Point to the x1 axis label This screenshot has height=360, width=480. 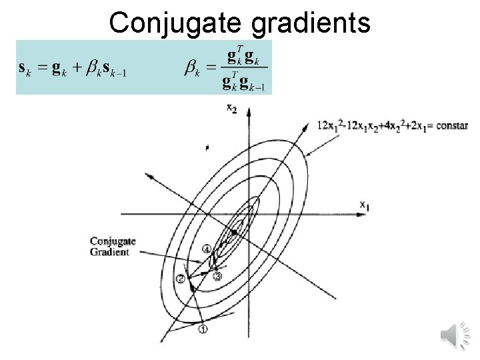[x=364, y=207]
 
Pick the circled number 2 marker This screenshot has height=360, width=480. [x=180, y=278]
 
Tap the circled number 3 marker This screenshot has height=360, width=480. [x=217, y=276]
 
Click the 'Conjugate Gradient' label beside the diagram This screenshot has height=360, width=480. [x=113, y=247]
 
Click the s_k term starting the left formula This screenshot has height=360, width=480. [x=25, y=69]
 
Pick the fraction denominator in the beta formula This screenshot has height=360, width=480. [x=244, y=82]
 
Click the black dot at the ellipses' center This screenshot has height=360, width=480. [x=235, y=231]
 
